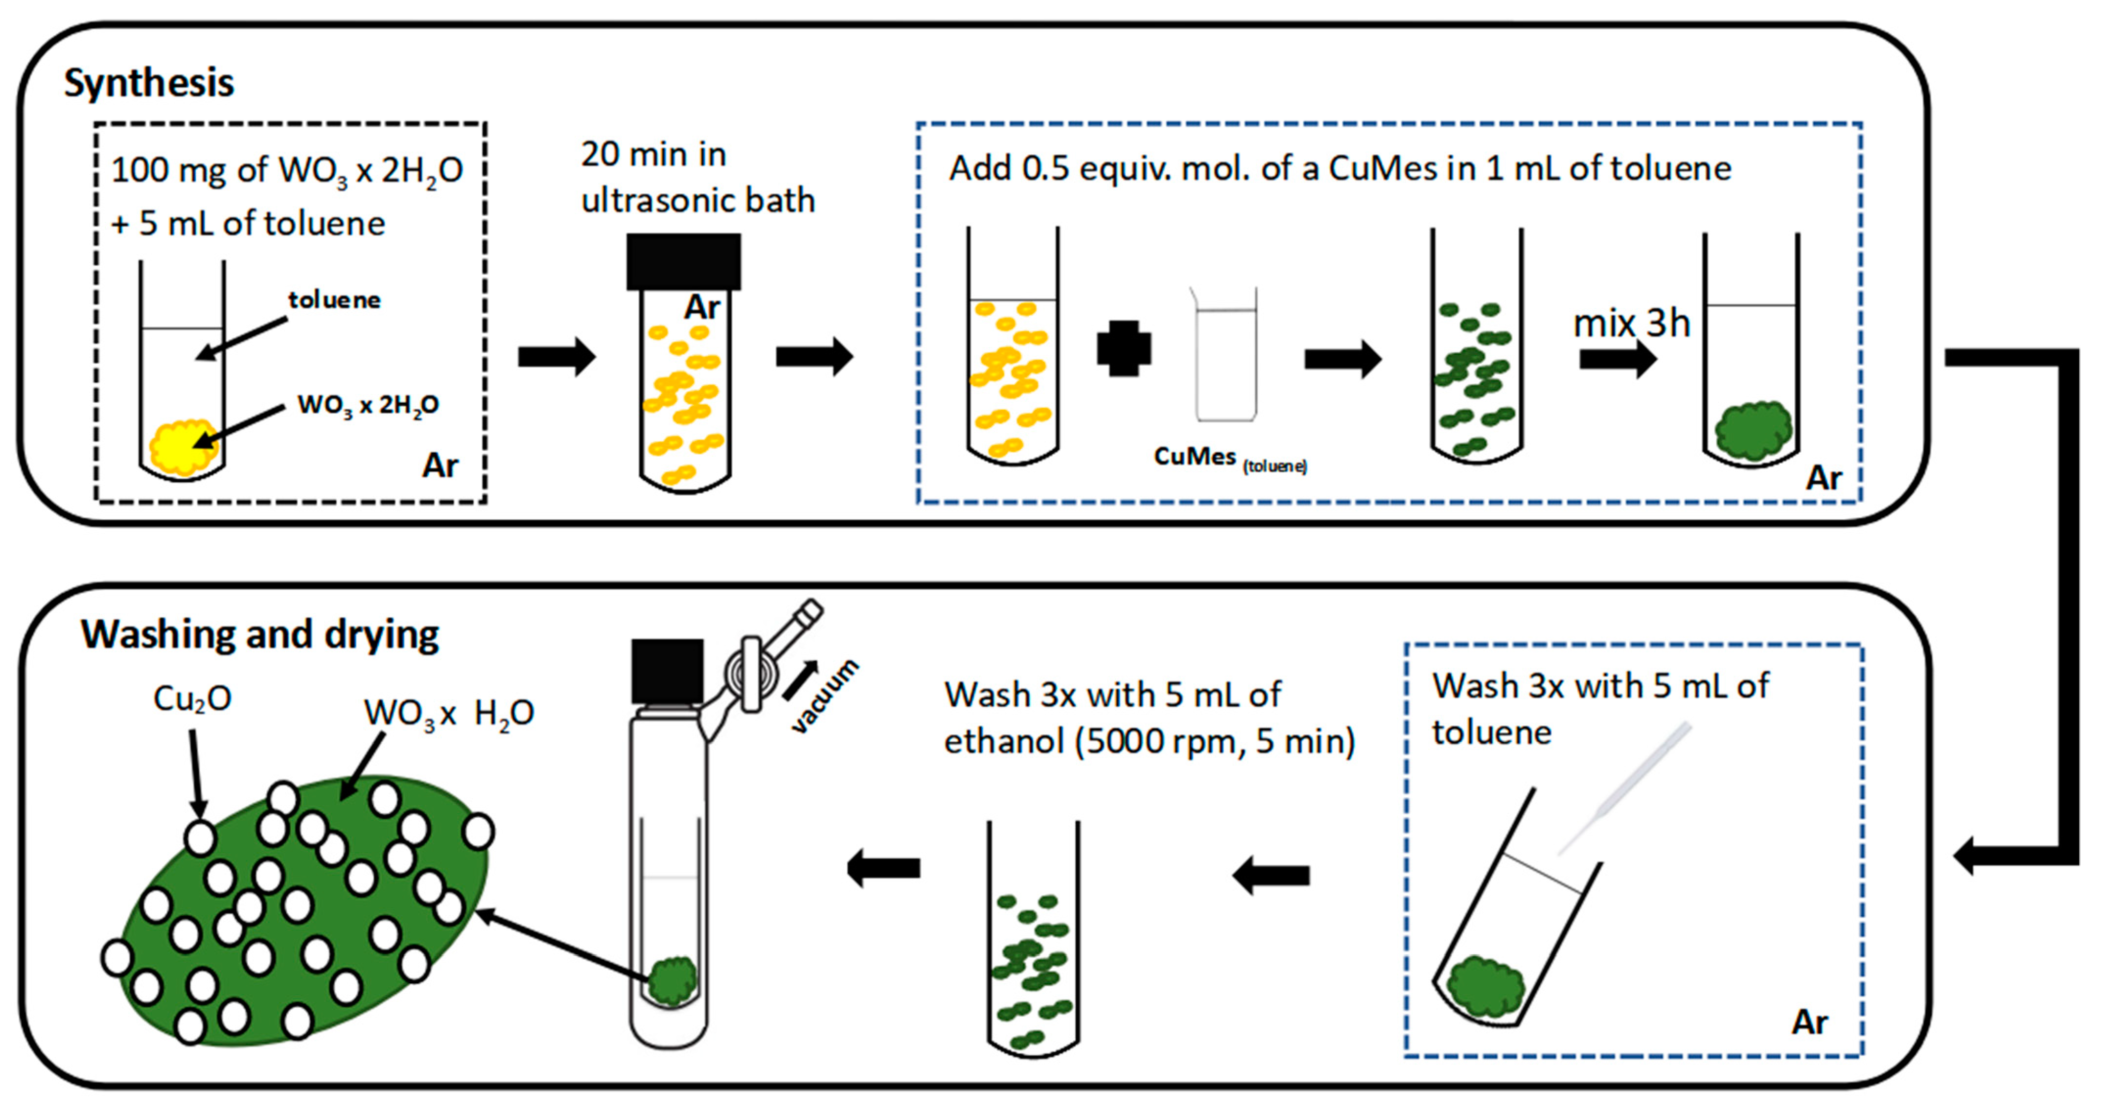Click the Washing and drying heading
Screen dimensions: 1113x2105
(260, 635)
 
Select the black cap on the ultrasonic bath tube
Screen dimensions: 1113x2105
(683, 261)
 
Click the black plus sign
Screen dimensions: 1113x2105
(1124, 348)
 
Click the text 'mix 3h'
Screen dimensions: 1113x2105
(1631, 324)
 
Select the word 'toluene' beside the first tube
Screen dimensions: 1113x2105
(334, 300)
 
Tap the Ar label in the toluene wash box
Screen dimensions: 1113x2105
(1809, 1022)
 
